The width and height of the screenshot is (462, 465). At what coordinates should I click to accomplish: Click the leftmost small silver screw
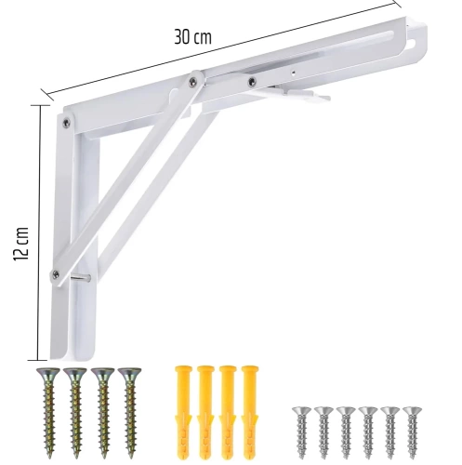click(299, 427)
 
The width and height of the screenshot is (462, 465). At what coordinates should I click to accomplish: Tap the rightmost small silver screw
click(410, 427)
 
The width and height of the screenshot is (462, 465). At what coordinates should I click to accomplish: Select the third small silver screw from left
click(344, 427)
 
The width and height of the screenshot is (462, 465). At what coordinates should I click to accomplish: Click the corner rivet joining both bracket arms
click(66, 119)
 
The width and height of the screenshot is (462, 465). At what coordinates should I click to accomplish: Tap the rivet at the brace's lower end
click(57, 272)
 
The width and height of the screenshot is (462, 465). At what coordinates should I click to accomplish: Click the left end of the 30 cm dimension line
click(44, 90)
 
